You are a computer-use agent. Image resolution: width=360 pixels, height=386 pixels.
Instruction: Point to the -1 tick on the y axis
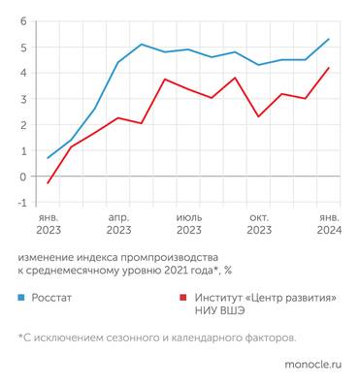21,203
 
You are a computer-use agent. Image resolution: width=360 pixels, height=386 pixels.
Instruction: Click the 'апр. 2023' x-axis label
118,223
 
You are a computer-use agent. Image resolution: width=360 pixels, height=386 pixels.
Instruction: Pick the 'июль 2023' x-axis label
189,223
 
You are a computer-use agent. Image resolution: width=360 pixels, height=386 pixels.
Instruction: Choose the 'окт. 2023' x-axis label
259,223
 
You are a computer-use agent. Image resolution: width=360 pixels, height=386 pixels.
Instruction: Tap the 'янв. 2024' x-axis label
329,223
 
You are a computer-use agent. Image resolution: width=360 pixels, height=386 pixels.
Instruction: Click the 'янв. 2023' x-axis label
49,223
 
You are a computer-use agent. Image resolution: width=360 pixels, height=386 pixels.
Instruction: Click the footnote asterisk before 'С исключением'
20,337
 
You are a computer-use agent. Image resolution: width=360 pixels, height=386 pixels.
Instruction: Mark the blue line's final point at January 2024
329,40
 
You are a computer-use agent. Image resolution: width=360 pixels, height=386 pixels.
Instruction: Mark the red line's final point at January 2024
329,68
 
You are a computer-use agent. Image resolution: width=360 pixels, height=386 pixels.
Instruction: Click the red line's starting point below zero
49,182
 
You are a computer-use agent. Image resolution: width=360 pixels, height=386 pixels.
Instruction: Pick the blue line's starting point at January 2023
49,158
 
